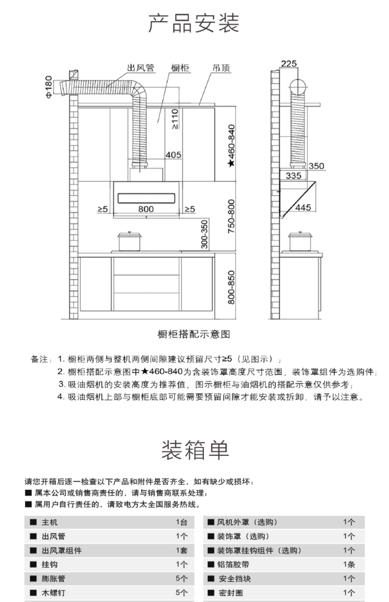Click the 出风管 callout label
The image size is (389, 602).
coord(141,68)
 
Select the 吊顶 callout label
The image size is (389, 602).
coord(221,68)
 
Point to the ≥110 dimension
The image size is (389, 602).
coord(175,119)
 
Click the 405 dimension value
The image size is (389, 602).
coord(173,155)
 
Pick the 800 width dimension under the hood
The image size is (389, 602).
coord(146,209)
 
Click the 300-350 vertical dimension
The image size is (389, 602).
coord(205,234)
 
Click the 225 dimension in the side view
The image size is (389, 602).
coord(289,64)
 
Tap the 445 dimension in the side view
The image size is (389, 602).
coord(303,207)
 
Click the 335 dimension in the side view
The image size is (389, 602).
coord(293,176)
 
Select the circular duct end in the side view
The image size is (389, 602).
coord(298,87)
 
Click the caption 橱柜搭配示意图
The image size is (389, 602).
coord(193,334)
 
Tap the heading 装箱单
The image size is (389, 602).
coord(195,450)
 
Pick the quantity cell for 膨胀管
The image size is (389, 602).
coord(181,578)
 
